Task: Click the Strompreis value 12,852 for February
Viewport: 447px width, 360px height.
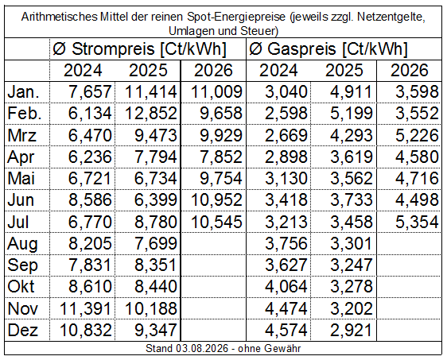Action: [151, 114]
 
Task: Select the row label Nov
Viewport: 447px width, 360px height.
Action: [23, 308]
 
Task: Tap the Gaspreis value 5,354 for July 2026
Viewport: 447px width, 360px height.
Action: [417, 222]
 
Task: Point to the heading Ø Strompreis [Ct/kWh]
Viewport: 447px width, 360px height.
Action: [139, 48]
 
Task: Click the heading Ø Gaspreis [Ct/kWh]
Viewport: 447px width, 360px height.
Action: [328, 48]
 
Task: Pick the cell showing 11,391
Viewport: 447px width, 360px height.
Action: [85, 308]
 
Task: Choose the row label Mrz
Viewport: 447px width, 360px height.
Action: [22, 135]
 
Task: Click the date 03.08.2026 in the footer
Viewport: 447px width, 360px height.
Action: [202, 348]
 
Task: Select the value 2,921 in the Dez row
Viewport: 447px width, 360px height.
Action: [352, 330]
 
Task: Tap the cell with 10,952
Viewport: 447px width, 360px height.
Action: [216, 200]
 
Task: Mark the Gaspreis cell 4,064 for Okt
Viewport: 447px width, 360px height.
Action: [286, 287]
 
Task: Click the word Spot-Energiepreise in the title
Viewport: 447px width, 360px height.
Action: [236, 17]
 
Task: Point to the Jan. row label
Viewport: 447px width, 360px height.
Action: [23, 91]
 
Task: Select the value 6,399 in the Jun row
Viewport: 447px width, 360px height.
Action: [155, 200]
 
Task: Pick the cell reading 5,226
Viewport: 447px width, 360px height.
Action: [417, 135]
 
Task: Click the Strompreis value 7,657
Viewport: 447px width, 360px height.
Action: [90, 91]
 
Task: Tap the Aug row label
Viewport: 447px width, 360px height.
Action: [22, 244]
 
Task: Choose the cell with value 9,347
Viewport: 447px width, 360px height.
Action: [155, 330]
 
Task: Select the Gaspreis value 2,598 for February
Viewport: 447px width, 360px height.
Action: [286, 114]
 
